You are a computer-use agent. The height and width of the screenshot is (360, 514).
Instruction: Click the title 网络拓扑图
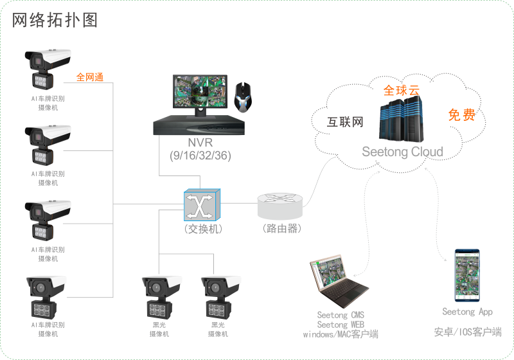pos(55,21)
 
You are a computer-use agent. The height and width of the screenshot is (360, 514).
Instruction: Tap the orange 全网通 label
pos(90,77)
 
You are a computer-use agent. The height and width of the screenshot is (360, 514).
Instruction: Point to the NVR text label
pos(200,143)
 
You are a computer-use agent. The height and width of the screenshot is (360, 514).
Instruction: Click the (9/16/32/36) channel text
pos(200,156)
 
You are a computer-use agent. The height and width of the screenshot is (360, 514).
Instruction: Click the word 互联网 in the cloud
pos(346,122)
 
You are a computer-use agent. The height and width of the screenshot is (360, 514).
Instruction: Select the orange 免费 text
pos(461,115)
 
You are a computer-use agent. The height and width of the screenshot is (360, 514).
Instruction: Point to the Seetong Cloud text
pos(402,152)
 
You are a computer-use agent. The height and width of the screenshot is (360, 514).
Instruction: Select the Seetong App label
pos(467,312)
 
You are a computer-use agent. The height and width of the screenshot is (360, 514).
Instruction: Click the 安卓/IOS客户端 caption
pos(467,332)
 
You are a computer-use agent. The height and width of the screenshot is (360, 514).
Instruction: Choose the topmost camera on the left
pos(47,67)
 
